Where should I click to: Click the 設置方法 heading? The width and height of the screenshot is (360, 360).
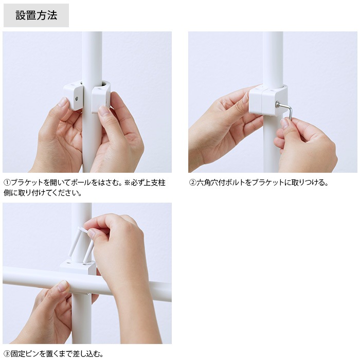pos(37,15)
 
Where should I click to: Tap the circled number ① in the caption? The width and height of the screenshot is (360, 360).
pos(7,183)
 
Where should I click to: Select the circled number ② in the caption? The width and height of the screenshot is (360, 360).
pos(192,183)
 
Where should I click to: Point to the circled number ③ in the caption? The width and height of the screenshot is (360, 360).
pos(7,354)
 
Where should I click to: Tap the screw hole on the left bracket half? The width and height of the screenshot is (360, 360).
pos(77,99)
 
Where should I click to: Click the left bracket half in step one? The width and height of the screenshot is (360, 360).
pos(73,97)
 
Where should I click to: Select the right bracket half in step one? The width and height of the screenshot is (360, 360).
pos(101,98)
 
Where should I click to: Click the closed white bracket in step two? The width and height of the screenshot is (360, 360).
pos(268,100)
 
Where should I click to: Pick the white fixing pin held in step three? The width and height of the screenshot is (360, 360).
pos(81,244)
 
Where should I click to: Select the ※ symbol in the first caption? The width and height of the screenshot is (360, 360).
pos(127,183)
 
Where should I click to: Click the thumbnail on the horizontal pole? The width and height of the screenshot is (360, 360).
pos(62,285)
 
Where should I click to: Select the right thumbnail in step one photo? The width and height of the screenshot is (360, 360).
pos(104,112)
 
